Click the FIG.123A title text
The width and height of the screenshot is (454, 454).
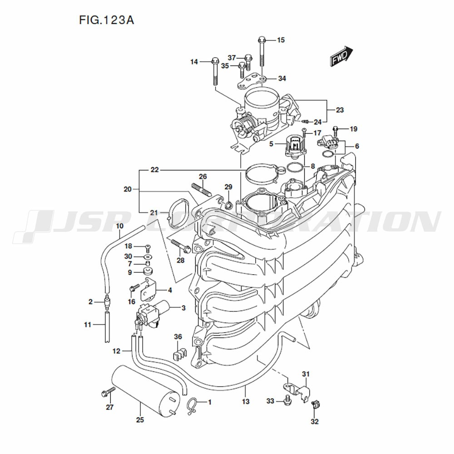107,20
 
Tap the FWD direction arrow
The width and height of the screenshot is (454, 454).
341,57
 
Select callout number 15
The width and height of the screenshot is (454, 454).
281,40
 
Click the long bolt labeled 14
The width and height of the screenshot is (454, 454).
215,71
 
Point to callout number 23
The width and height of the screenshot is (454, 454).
340,110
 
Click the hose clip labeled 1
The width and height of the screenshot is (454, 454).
192,403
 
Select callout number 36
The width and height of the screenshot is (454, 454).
178,336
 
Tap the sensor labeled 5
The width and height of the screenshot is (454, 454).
295,146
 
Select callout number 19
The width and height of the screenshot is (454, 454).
354,129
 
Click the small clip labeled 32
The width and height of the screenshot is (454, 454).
315,405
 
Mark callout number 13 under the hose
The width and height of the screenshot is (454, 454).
246,402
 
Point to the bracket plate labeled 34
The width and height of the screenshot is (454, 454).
252,82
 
